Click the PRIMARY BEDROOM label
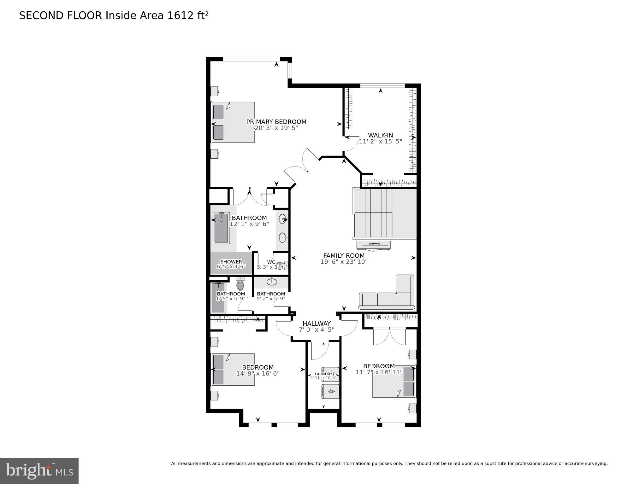276,122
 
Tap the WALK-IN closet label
380,135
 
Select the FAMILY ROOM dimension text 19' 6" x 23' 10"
344,262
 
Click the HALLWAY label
316,324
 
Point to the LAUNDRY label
323,374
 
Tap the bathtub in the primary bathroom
221,228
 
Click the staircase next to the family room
385,213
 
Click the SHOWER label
231,262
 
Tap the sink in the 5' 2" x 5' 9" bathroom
272,281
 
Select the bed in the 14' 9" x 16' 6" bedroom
233,369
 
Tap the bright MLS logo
39,471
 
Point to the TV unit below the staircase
374,245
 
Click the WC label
271,262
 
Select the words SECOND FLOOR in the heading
61,15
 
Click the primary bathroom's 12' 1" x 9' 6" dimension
249,224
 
